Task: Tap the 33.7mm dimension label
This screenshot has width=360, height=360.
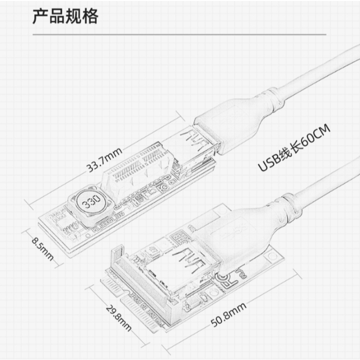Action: click(x=103, y=159)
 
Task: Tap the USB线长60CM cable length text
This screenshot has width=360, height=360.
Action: click(x=294, y=150)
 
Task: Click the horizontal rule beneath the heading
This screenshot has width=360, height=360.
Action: click(x=179, y=35)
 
